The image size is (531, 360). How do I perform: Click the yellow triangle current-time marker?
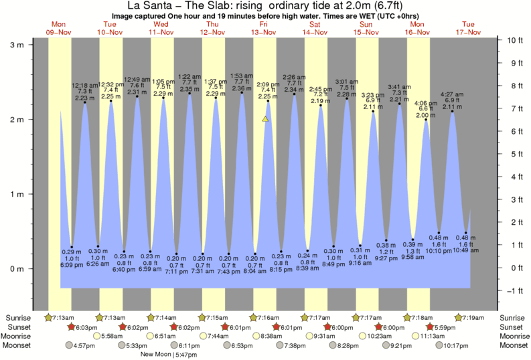point(266,119)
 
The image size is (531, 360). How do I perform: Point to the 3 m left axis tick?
point(14,44)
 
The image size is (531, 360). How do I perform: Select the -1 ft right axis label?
point(514,290)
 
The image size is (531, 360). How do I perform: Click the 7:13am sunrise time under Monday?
point(61,317)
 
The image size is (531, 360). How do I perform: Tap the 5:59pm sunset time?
point(442,327)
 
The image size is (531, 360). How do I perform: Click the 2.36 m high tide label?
point(242,88)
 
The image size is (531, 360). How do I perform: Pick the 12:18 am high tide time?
point(84,86)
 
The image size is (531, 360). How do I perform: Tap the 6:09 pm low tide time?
point(72,266)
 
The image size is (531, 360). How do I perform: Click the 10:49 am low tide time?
point(466,250)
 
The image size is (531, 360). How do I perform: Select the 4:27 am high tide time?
point(452,94)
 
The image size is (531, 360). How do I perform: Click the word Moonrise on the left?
point(20,336)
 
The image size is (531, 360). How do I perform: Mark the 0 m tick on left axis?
point(14,269)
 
